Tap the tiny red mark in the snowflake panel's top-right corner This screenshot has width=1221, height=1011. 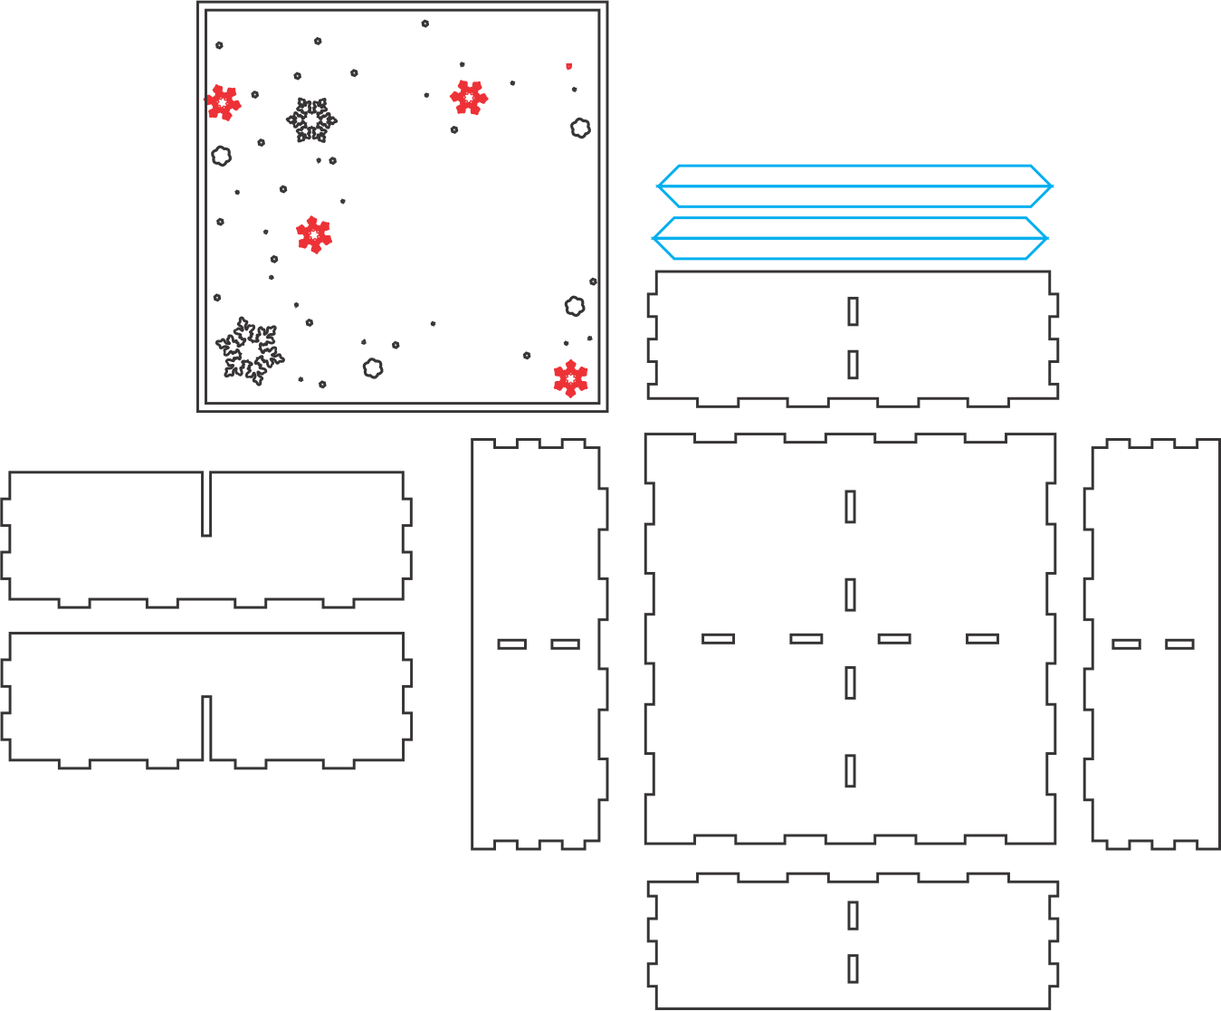pos(568,66)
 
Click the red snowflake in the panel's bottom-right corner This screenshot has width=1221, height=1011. pos(570,378)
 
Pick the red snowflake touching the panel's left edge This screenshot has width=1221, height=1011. pos(223,103)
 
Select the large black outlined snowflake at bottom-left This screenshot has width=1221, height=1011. pos(249,350)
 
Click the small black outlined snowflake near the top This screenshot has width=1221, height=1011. pos(311,120)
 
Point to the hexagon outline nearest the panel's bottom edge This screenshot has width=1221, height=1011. pos(373,368)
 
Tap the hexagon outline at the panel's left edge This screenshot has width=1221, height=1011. pos(221,156)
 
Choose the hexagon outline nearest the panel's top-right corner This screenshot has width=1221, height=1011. pos(580,128)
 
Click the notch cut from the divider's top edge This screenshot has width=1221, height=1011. pos(206,503)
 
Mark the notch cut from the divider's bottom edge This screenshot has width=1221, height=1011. pos(206,729)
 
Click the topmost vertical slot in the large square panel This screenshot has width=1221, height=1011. pos(850,507)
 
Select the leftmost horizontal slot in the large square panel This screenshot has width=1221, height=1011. pos(719,638)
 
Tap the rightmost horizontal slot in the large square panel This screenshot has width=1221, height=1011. pos(982,638)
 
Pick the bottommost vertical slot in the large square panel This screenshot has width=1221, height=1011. pos(850,771)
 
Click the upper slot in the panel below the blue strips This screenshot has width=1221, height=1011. pos(853,311)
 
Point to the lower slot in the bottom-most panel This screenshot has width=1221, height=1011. pos(853,968)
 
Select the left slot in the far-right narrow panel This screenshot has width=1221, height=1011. pos(1126,644)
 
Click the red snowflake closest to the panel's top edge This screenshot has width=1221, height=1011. pos(468,98)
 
